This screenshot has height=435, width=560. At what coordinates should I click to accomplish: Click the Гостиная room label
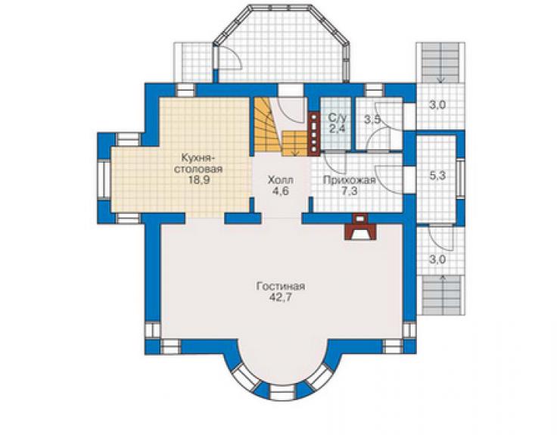point(280,287)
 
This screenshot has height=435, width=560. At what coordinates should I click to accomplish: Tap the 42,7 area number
point(281,297)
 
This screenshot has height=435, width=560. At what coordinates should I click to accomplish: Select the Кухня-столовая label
point(198,163)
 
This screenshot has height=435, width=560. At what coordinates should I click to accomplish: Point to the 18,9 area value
point(199,179)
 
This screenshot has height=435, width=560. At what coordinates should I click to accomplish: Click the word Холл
point(281,179)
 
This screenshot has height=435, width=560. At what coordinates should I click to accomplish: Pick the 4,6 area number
point(280,191)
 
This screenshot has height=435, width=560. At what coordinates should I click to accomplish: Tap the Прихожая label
point(350,180)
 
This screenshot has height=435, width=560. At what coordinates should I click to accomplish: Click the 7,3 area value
point(350,191)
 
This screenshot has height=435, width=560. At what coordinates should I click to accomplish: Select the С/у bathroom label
point(338,117)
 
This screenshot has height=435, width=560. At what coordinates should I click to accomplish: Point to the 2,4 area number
point(338,129)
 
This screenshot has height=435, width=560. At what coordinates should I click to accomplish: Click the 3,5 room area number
point(372,119)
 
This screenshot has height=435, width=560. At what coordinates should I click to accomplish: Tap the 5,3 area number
point(437,176)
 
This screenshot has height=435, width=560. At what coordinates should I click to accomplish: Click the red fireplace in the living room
point(359,226)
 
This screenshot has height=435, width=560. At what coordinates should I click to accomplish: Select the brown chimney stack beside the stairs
point(314,135)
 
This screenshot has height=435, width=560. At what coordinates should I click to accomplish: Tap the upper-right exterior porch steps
point(440,63)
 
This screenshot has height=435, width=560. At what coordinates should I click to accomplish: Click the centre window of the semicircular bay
point(281,391)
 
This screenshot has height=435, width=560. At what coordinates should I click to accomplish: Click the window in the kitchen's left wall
point(104,179)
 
